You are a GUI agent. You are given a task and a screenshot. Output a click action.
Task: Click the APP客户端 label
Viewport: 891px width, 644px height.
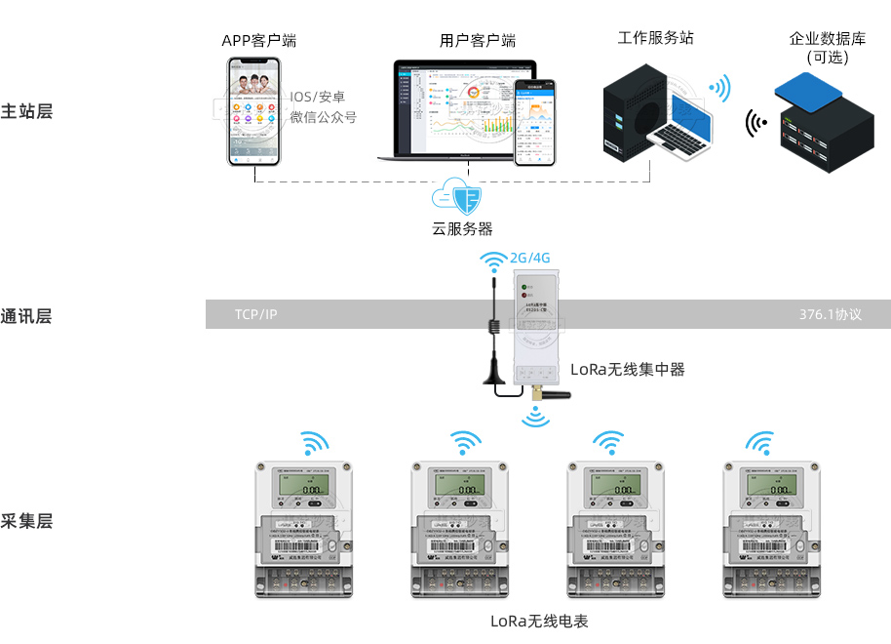click(x=258, y=40)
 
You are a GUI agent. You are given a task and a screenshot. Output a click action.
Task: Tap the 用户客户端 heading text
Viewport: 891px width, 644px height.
click(x=477, y=40)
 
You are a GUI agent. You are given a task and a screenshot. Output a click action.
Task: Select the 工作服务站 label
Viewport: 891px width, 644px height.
click(x=655, y=38)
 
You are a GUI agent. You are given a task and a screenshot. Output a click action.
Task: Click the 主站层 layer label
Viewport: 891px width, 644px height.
click(x=26, y=110)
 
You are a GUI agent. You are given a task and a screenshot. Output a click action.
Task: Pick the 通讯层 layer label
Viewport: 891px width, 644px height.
click(x=26, y=315)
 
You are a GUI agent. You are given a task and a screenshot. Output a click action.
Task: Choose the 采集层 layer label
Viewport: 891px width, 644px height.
click(x=26, y=520)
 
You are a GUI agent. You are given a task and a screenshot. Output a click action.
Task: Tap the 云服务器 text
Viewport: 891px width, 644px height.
click(x=462, y=229)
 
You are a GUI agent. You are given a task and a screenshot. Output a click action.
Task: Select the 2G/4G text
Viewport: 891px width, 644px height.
click(x=530, y=258)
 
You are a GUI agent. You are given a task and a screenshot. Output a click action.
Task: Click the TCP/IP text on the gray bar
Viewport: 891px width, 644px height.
click(x=255, y=315)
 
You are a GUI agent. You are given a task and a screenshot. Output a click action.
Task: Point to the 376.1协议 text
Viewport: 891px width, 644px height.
click(x=831, y=315)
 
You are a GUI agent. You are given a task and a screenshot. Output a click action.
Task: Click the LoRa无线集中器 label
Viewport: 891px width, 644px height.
click(x=627, y=369)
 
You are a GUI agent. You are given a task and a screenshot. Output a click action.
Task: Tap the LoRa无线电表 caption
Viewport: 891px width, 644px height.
click(x=539, y=621)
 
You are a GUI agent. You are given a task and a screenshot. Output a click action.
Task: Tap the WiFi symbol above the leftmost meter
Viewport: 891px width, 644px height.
click(x=314, y=444)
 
